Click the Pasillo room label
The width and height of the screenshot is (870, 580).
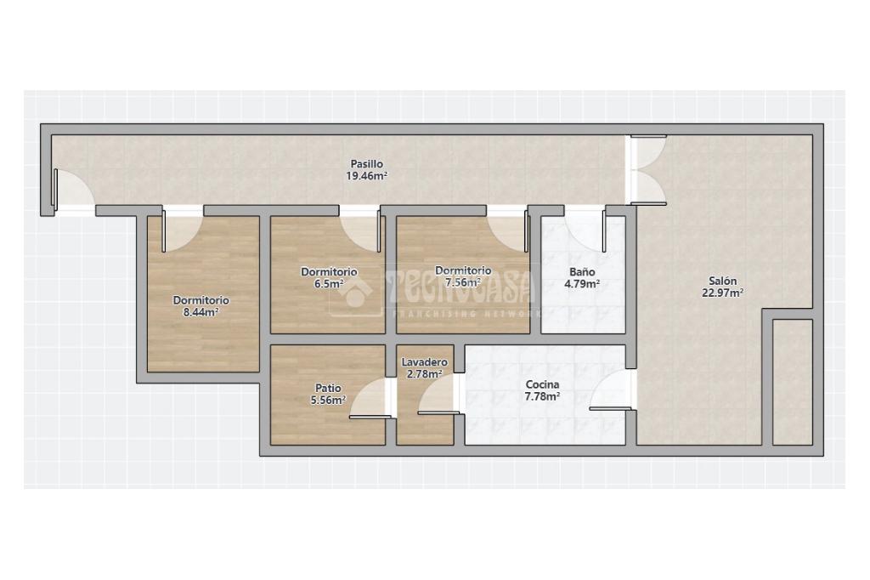point(366,164)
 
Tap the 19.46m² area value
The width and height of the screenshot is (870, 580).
point(366,177)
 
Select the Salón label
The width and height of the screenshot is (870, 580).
point(722,281)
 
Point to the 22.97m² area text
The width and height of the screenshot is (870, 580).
point(722,293)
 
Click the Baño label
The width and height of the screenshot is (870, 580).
point(582,272)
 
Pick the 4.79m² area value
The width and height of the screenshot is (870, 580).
point(582,284)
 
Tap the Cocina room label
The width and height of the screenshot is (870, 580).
point(542,384)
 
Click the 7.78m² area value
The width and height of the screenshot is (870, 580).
point(542,396)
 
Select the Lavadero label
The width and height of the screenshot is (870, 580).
point(425,362)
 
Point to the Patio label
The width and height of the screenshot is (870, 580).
point(328,389)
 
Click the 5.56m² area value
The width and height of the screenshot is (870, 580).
point(328,401)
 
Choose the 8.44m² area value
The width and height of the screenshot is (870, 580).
point(201,312)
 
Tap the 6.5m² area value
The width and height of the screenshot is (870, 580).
point(329,284)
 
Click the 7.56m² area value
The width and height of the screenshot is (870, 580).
point(463,283)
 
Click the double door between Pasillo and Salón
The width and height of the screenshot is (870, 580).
point(647,169)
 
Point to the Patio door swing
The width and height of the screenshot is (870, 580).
point(369,399)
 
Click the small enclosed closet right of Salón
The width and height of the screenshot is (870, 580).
point(793,382)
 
